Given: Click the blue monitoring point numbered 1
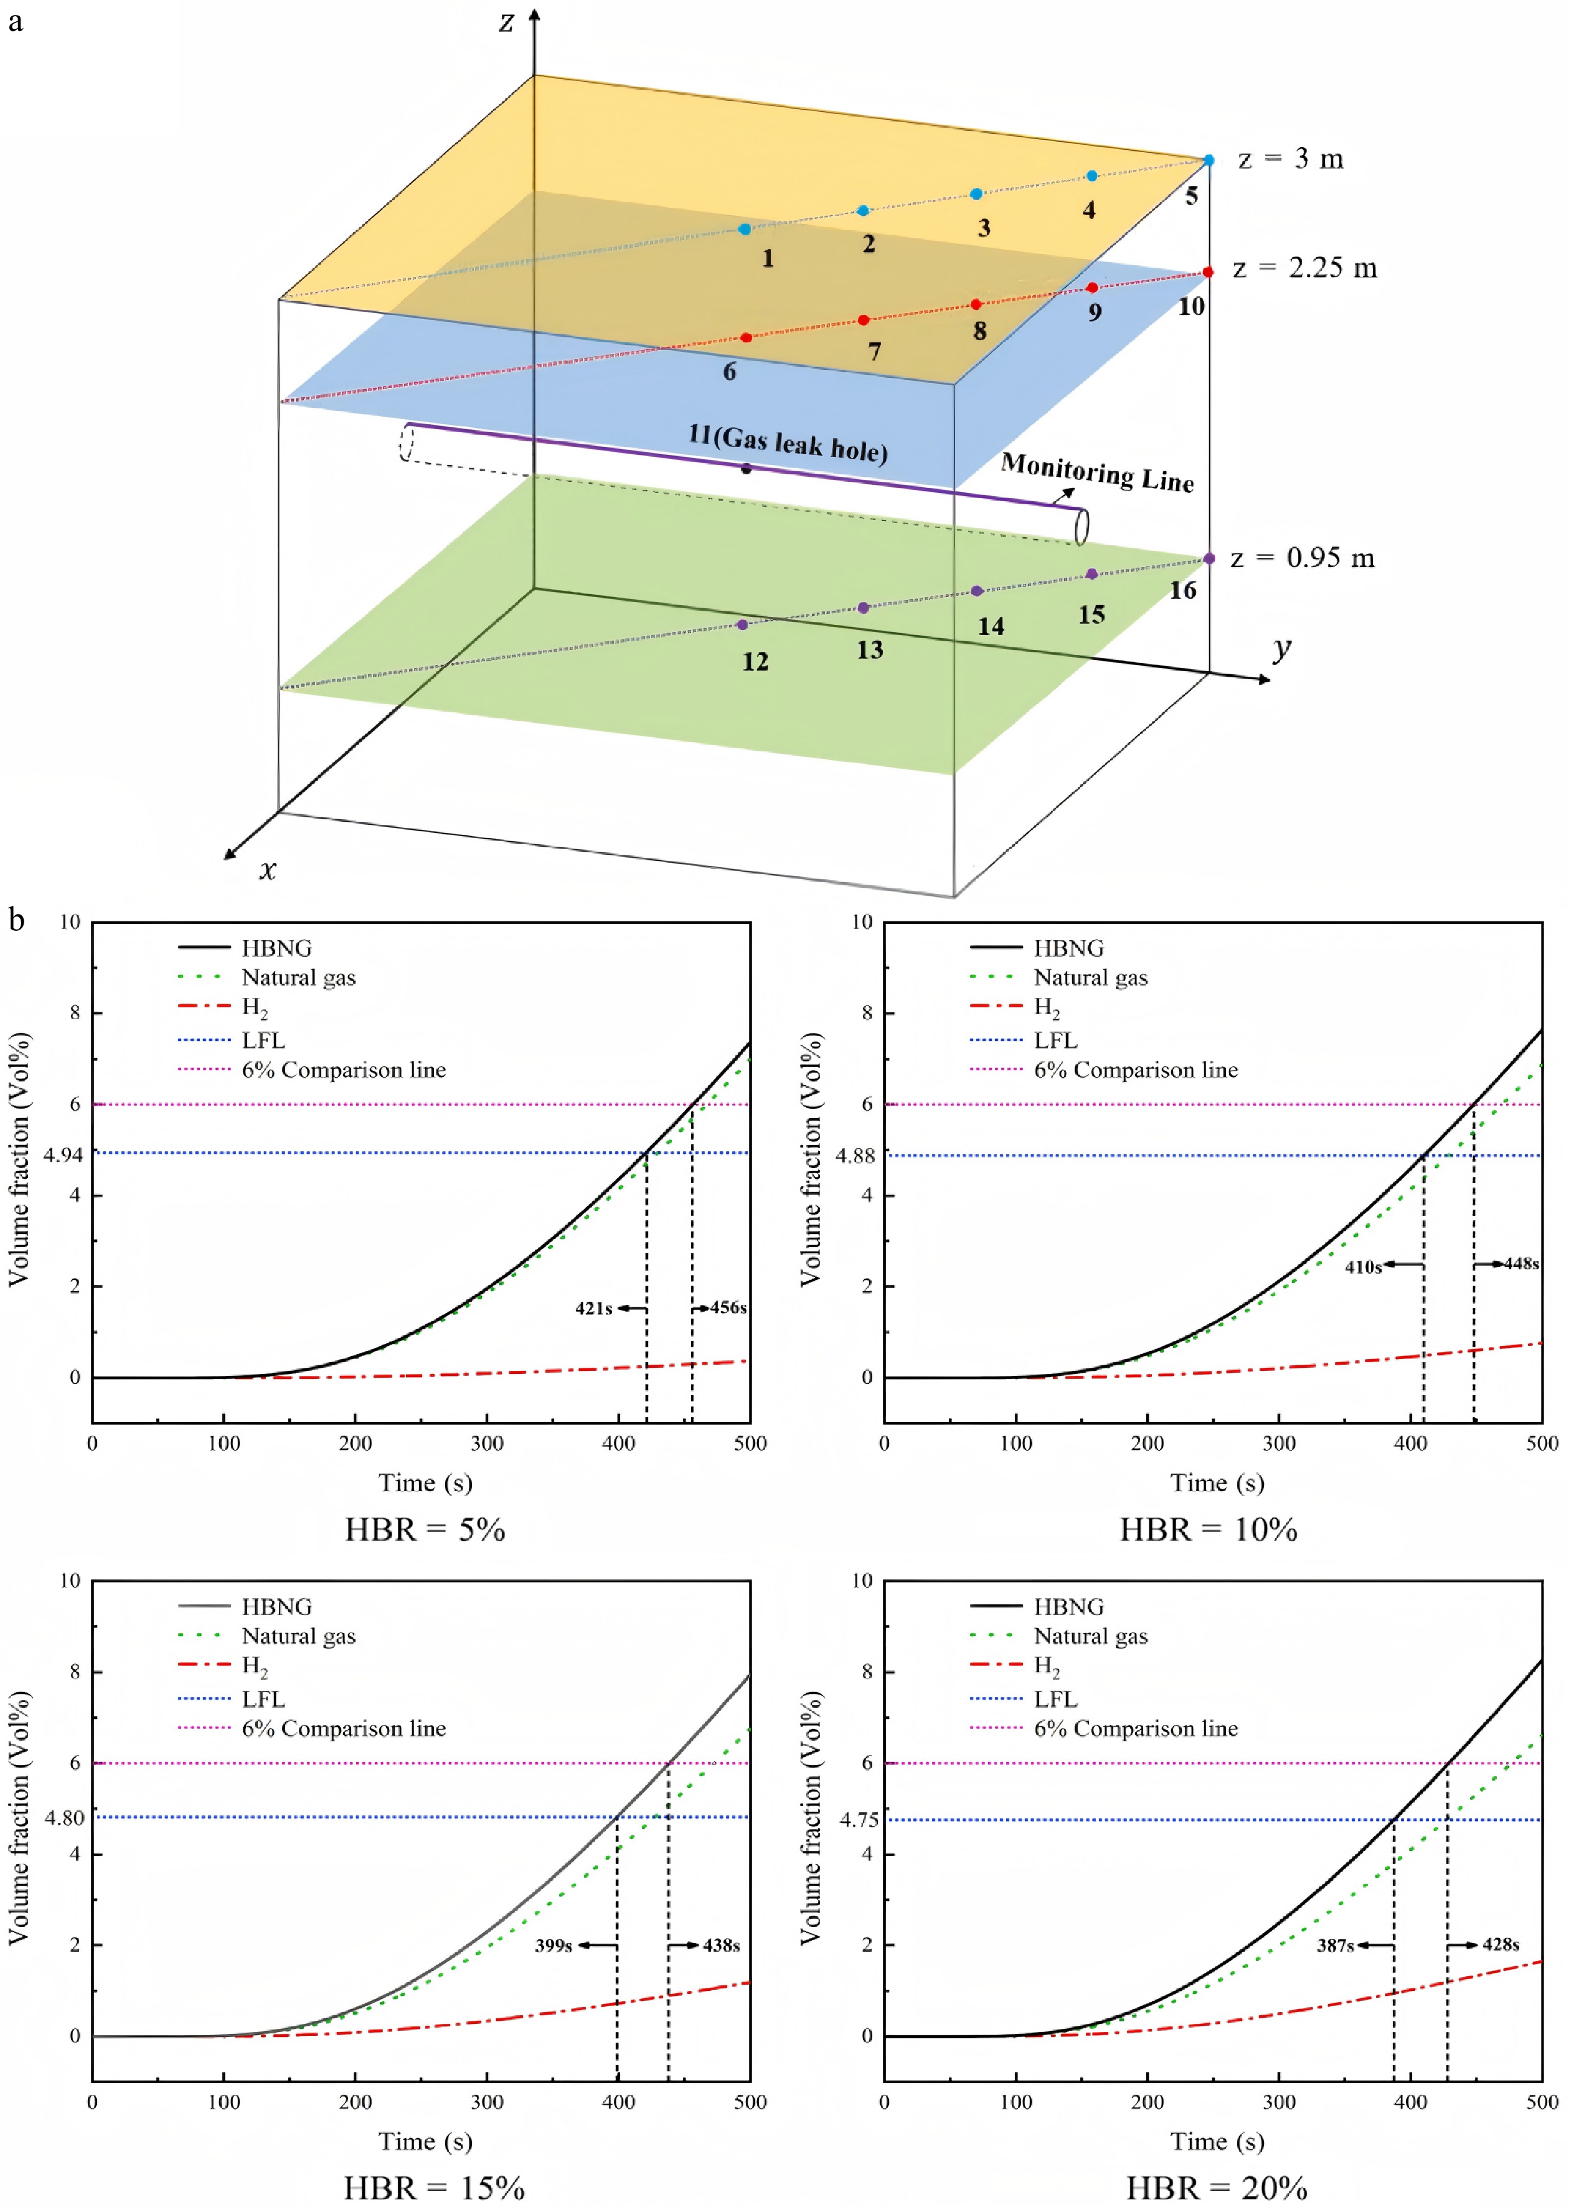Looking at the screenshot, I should [744, 229].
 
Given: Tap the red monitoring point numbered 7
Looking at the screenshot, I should [864, 320].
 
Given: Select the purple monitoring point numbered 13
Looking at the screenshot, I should [864, 608].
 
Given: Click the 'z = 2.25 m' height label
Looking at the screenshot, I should [1304, 268].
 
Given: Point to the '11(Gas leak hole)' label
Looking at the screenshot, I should [788, 443].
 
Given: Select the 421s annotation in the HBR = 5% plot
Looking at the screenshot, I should [594, 1308].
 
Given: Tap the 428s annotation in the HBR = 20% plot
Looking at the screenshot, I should [1501, 1944].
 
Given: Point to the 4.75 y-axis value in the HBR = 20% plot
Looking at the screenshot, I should [859, 1820].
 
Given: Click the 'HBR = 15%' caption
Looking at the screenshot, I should [434, 2186].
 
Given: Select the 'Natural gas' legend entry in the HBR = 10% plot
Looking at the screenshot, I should [1090, 977].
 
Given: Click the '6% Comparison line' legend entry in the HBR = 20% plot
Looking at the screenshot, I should [1135, 1728].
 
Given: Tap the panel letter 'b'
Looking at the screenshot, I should [16, 920].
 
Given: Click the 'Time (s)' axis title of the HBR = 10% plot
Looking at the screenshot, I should [1217, 1482].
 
